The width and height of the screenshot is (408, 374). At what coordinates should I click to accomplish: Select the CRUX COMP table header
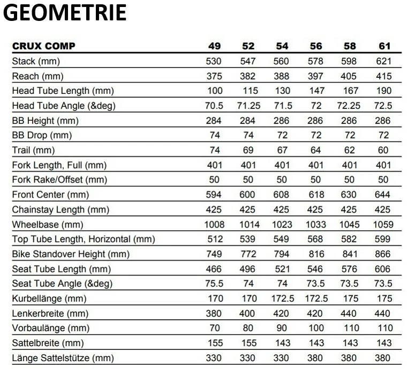point(44,46)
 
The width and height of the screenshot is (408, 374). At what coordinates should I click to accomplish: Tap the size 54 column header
point(282,46)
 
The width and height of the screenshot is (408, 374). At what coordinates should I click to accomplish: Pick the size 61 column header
point(384,46)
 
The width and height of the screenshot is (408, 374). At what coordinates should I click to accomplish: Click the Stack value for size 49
point(214,61)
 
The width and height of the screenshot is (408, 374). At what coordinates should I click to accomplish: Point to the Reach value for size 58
point(349,76)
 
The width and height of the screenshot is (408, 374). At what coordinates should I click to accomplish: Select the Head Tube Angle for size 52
point(248,106)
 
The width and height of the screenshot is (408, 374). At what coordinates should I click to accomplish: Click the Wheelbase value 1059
point(383,224)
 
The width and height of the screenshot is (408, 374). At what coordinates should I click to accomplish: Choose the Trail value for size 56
point(315,150)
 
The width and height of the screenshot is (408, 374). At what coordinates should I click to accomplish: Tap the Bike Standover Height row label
point(71,254)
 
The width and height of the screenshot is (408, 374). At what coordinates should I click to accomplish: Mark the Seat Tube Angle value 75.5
point(214,283)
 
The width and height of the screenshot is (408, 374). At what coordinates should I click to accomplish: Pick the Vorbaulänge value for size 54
point(282,328)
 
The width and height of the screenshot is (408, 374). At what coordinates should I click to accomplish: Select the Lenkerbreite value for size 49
point(214,313)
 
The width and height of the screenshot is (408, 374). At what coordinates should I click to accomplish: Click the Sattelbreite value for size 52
point(248,343)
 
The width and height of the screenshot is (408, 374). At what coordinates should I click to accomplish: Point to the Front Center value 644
point(383,195)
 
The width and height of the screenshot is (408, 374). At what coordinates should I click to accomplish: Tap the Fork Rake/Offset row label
point(59,180)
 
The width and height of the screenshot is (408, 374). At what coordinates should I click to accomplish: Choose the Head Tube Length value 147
point(315,91)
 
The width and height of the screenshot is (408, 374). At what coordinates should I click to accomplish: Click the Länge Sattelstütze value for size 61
point(383,358)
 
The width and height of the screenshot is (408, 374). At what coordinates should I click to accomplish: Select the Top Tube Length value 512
point(214,239)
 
